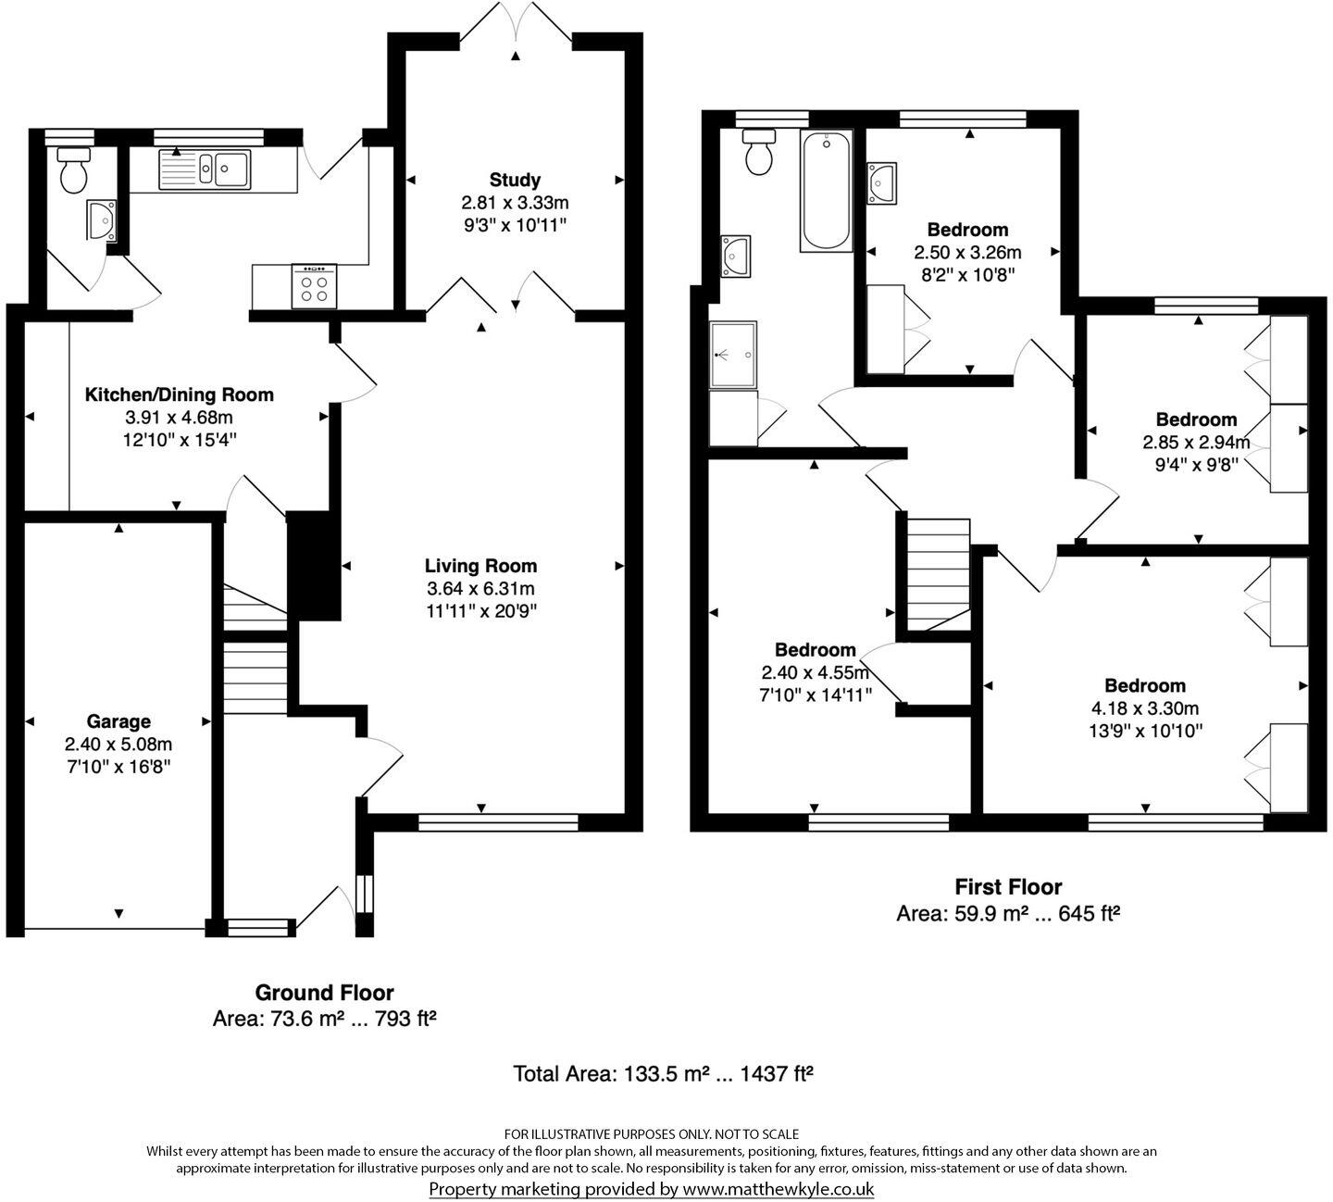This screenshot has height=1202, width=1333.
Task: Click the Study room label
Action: pyautogui.click(x=515, y=180)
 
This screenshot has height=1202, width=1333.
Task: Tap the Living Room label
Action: pyautogui.click(x=480, y=565)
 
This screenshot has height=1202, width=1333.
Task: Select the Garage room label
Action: pyautogui.click(x=118, y=720)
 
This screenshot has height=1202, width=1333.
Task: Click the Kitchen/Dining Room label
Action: pyautogui.click(x=179, y=394)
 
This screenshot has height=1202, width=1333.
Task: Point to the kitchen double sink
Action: pyautogui.click(x=205, y=169)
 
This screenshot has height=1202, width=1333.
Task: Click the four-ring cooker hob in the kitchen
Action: pyautogui.click(x=315, y=286)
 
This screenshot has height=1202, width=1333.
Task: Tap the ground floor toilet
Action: pyautogui.click(x=72, y=169)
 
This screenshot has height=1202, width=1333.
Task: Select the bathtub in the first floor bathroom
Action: pyautogui.click(x=826, y=192)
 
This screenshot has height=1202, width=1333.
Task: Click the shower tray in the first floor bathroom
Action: pyautogui.click(x=732, y=355)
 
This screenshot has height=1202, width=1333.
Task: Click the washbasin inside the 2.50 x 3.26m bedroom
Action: pyautogui.click(x=881, y=182)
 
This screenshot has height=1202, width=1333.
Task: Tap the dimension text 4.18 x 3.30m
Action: pyautogui.click(x=1145, y=708)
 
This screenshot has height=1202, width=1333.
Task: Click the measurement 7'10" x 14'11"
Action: pyautogui.click(x=816, y=695)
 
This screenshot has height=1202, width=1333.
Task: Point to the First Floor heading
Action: pyautogui.click(x=1008, y=887)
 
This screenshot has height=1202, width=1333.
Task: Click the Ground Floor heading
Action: pyautogui.click(x=324, y=993)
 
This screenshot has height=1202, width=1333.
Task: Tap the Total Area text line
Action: pyautogui.click(x=663, y=1073)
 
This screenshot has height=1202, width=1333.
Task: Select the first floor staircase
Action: pyautogui.click(x=937, y=574)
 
